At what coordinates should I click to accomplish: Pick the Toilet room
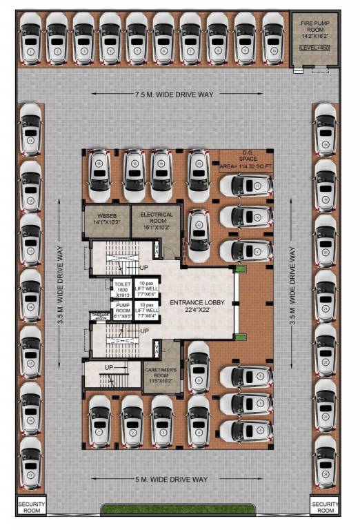(x=122, y=288)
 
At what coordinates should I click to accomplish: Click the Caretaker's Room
(x=161, y=373)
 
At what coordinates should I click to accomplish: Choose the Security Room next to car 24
(x=325, y=507)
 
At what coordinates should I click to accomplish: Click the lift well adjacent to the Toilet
(x=147, y=288)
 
